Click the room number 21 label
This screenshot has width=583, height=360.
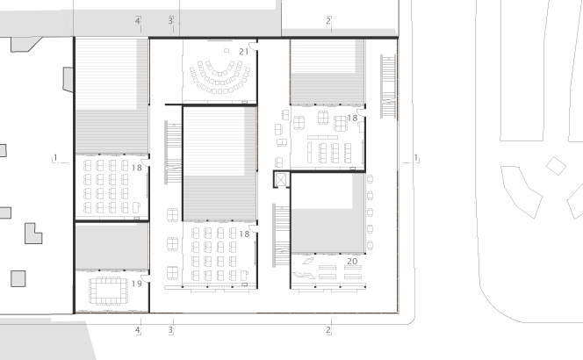243,52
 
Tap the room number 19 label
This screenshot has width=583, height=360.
136,284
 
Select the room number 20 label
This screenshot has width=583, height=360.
352,262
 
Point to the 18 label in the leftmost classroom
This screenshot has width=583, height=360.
136,168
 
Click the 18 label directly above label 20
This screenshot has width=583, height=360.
352,118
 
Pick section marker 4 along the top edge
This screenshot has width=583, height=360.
138,21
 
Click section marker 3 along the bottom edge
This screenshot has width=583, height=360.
170,330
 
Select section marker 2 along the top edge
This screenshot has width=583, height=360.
328,21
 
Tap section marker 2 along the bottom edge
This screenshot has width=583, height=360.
328,330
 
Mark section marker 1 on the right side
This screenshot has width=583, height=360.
415,158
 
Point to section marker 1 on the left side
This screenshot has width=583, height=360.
56,158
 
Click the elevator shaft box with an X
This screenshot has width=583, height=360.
281,179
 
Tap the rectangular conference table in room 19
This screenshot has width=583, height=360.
109,291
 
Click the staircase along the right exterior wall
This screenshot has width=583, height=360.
388,86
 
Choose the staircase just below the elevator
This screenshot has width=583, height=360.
282,235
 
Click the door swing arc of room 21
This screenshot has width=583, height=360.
253,47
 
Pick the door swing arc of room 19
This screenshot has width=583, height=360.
145,278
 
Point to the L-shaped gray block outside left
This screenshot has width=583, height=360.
33,234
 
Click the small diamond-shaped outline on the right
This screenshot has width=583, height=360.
556,166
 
